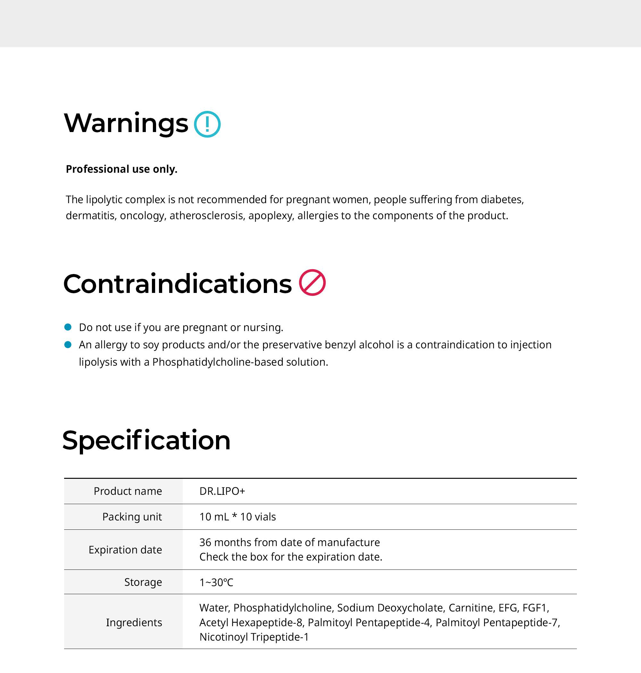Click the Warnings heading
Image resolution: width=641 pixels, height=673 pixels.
coord(126,123)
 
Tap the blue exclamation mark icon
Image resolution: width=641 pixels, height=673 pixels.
coord(207,124)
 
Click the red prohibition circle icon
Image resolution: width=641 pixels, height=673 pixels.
coord(312,283)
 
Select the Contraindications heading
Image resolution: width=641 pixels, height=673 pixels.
coord(177,284)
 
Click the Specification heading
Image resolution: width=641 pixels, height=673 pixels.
coord(146,440)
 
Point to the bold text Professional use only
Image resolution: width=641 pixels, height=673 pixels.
coord(122,169)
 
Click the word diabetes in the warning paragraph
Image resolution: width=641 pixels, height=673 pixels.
coord(502,200)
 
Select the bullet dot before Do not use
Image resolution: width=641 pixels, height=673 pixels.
coord(68,327)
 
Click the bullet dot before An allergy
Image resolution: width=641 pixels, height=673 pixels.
coord(68,345)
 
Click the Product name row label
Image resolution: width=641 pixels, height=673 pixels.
coord(128,491)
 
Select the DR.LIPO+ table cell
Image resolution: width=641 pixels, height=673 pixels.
coord(222,491)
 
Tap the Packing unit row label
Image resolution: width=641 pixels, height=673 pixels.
coord(132,517)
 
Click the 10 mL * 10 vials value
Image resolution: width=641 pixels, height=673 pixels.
coord(237,517)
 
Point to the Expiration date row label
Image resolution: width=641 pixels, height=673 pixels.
coord(125,550)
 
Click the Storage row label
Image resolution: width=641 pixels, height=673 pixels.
coord(143,582)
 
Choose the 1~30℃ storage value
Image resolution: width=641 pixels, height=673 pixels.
coord(216,582)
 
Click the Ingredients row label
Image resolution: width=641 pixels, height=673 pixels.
coord(134,622)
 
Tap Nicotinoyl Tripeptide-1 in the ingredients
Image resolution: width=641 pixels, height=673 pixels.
coord(254,637)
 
